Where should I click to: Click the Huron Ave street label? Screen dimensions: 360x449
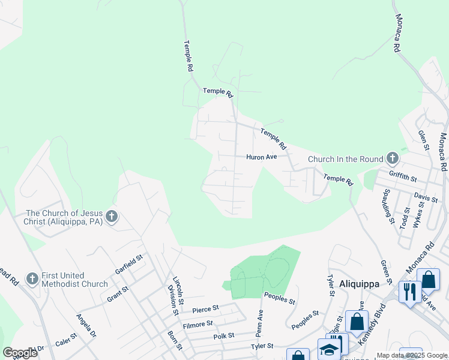pos(261,157)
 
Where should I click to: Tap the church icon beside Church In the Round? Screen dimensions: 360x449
pos(393,158)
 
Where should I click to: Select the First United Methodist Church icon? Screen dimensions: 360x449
pos(32,278)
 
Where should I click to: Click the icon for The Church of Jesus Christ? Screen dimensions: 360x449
pos(111,217)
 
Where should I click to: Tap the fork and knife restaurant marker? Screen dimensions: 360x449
pos(410,292)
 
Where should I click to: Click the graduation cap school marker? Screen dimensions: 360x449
pos(329,350)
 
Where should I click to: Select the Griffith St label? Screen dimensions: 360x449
pos(402,178)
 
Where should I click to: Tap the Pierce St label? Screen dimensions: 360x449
pos(205,310)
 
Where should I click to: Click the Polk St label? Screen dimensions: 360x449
pos(223,337)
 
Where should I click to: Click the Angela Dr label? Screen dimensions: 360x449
pos(85,325)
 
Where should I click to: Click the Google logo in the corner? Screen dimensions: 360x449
pos(20,352)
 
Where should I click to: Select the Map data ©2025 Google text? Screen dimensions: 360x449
pos(412,355)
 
